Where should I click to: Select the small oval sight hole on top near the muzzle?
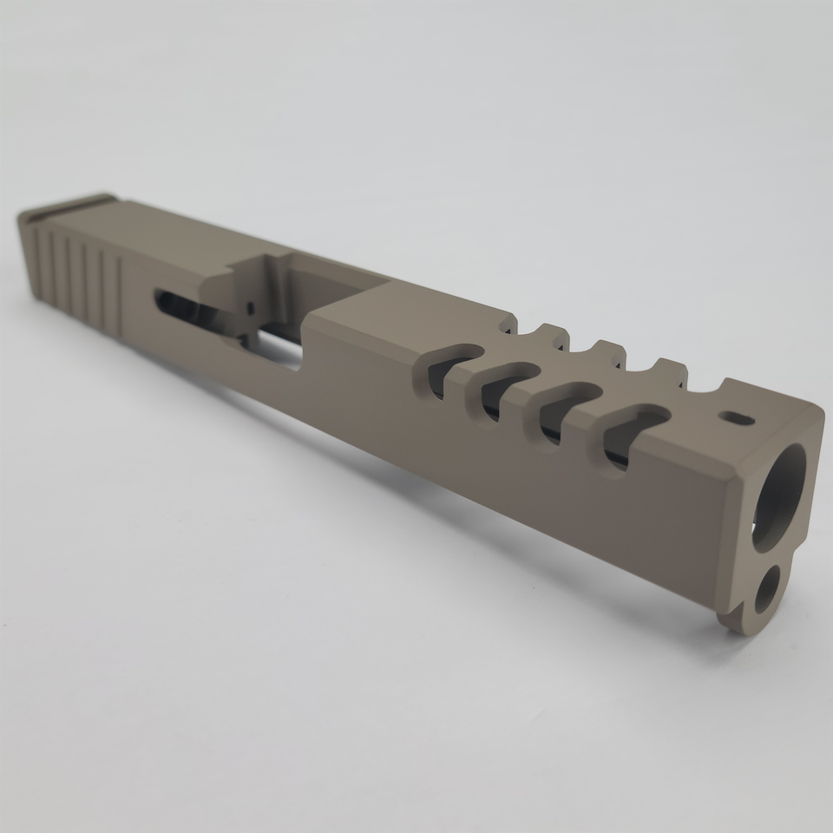tap(737, 418)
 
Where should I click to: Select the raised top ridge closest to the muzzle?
tap(668, 369)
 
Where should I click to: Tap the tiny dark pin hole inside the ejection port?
tap(251, 307)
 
